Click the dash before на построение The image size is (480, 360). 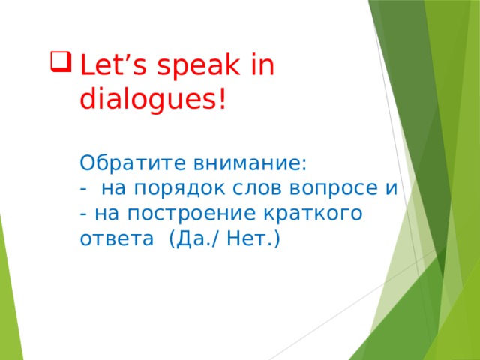[x=82, y=214]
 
